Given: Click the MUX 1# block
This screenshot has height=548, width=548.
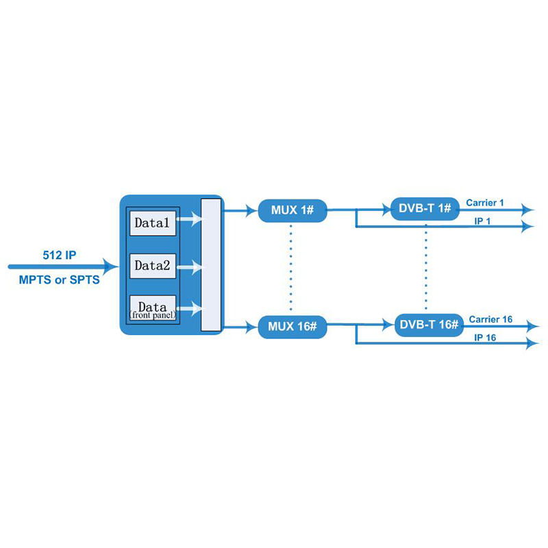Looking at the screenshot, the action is coord(292,210).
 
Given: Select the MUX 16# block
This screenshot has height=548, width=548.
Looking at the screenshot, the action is coord(292,327).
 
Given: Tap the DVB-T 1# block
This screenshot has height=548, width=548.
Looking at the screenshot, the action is coord(425,209).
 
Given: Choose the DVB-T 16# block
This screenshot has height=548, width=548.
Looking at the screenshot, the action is coord(429,325).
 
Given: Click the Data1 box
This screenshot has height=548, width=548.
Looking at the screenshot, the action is coord(153,223).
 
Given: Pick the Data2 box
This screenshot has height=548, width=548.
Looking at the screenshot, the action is coord(153,266).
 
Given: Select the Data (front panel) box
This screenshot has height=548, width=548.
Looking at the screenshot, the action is coord(153,309).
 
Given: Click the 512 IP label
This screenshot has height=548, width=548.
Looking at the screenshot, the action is coord(60,255).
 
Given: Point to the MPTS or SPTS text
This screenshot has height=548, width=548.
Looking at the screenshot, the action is coord(60,280).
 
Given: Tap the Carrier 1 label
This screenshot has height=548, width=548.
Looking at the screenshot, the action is coord(485,203).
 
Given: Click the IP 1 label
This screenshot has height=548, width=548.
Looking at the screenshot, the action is coord(482,221).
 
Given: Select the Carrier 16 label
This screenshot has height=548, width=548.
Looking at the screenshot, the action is coord(490,319).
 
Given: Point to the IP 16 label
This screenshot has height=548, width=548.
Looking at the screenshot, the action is coord(485,338).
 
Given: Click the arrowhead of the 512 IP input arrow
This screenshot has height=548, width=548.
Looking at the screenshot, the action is coord(111,266).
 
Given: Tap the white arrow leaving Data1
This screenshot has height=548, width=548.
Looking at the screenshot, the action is coord(189,219).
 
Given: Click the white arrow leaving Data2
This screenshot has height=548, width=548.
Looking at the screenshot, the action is coord(190,267).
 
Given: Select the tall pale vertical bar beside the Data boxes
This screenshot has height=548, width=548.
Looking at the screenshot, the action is coord(211,265).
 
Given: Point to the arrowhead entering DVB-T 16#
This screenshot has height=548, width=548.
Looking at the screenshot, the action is coord(388,325).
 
